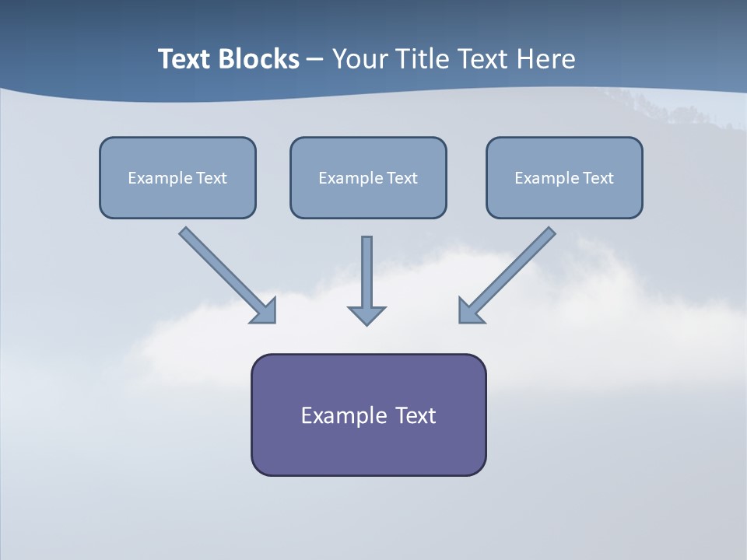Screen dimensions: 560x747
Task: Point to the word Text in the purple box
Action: point(416,415)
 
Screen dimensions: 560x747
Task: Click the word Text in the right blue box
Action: point(598,178)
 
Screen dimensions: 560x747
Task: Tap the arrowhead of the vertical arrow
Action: point(366,315)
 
